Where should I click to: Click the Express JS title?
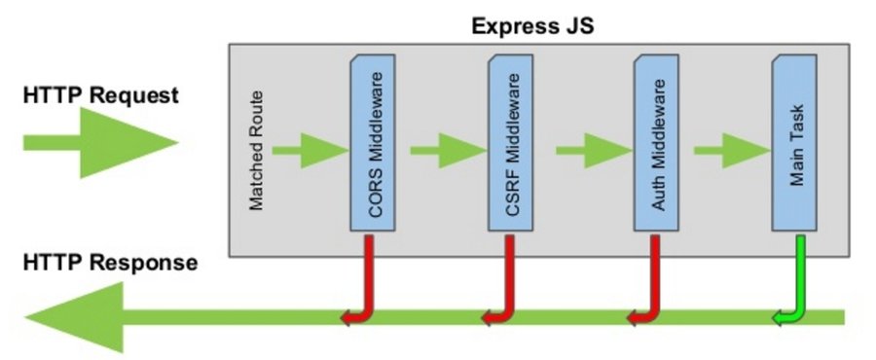click(x=532, y=24)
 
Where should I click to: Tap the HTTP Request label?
click(x=100, y=95)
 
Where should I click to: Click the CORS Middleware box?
click(x=373, y=144)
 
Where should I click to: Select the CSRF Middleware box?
click(x=512, y=144)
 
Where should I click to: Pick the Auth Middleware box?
click(x=657, y=144)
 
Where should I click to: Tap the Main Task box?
click(x=794, y=144)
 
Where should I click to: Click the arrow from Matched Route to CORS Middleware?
click(x=310, y=150)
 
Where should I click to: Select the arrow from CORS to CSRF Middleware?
click(x=448, y=150)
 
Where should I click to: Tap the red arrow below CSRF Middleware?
click(x=506, y=282)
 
